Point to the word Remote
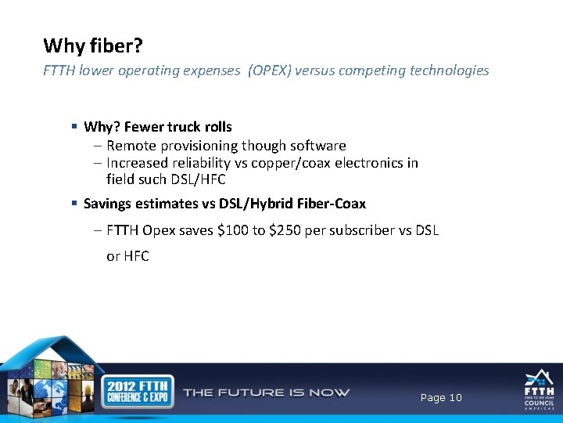tap(131, 146)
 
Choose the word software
tap(313, 146)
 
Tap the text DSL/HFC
tap(199, 179)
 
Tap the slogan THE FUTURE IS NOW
tap(266, 392)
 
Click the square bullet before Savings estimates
tap(74, 204)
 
